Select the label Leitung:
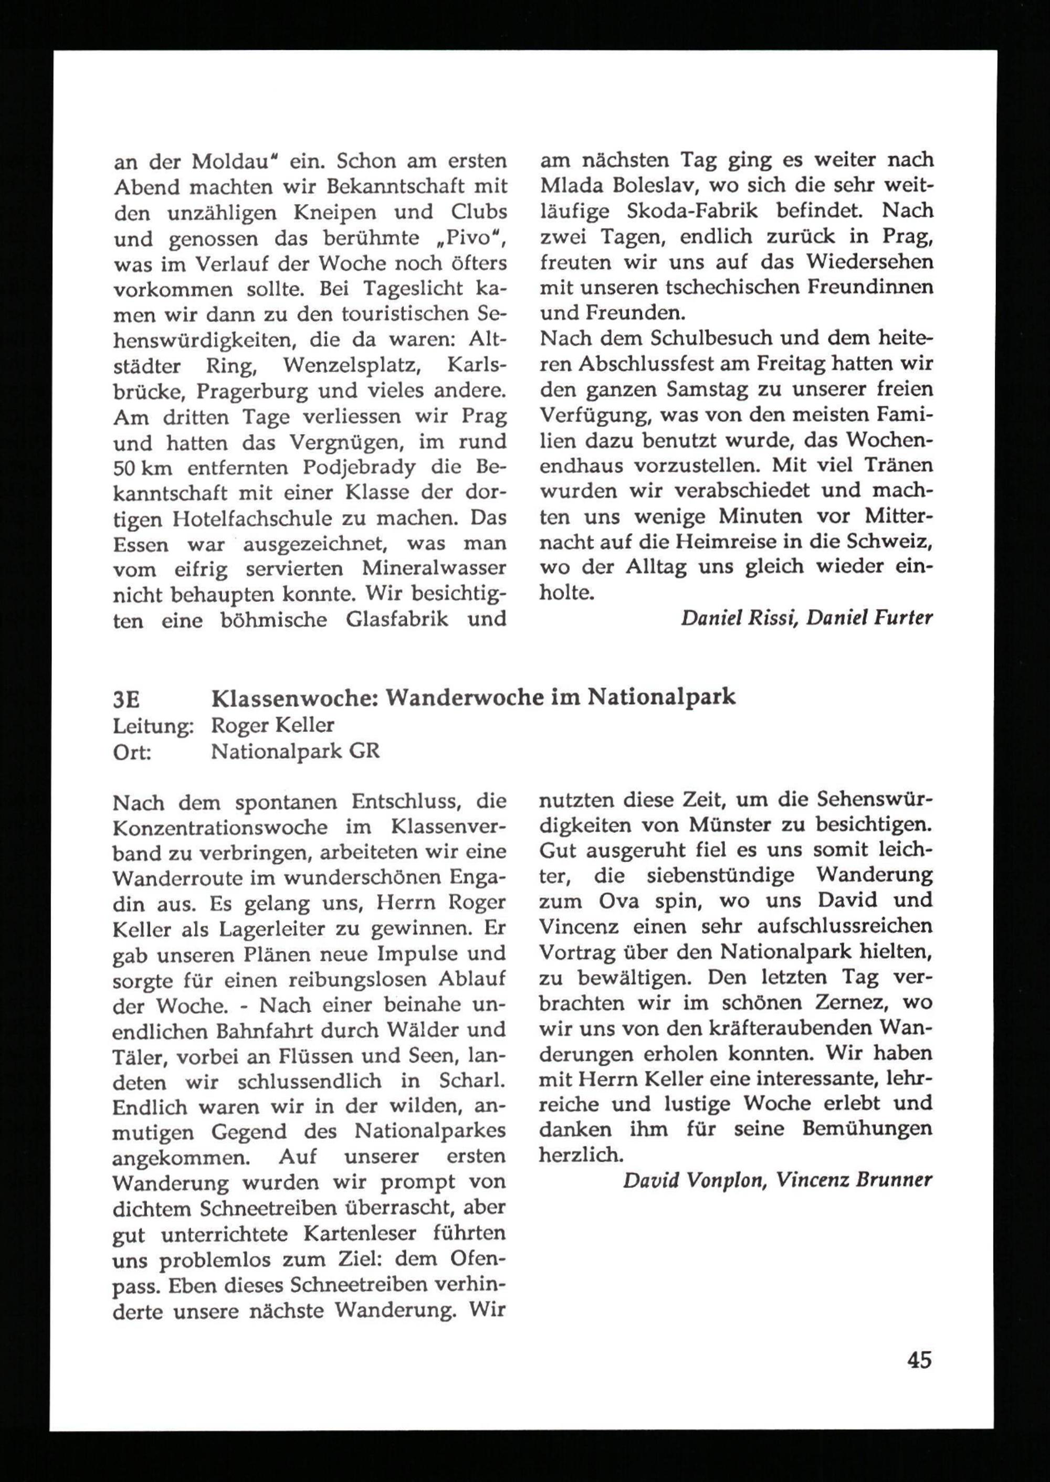click(153, 726)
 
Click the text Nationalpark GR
click(296, 751)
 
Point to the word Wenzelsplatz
click(352, 366)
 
